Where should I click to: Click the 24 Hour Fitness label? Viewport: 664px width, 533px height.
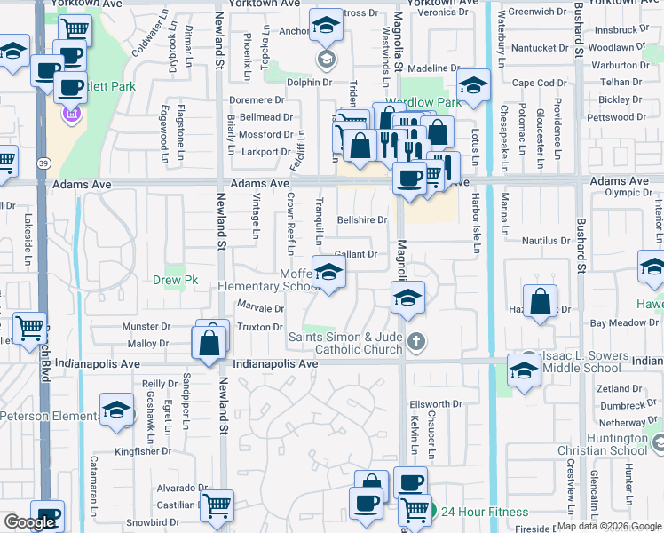pyautogui.click(x=484, y=512)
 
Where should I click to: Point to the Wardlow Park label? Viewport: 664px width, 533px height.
pyautogui.click(x=423, y=103)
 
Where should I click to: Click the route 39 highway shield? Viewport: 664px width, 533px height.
pyautogui.click(x=43, y=163)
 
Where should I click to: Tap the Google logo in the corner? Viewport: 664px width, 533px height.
pyautogui.click(x=29, y=522)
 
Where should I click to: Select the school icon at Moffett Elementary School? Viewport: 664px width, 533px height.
pyautogui.click(x=328, y=274)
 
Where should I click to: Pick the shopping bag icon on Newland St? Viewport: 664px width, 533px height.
pyautogui.click(x=209, y=343)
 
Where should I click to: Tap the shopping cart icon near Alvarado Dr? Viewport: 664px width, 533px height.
pyautogui.click(x=217, y=505)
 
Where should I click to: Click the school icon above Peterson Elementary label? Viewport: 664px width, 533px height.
pyautogui.click(x=115, y=410)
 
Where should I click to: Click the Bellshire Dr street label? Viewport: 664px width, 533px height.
pyautogui.click(x=362, y=220)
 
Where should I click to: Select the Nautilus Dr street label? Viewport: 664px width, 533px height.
pyautogui.click(x=546, y=241)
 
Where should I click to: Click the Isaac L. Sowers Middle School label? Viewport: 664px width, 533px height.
pyautogui.click(x=581, y=362)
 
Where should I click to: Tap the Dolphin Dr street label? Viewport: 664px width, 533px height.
pyautogui.click(x=310, y=83)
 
